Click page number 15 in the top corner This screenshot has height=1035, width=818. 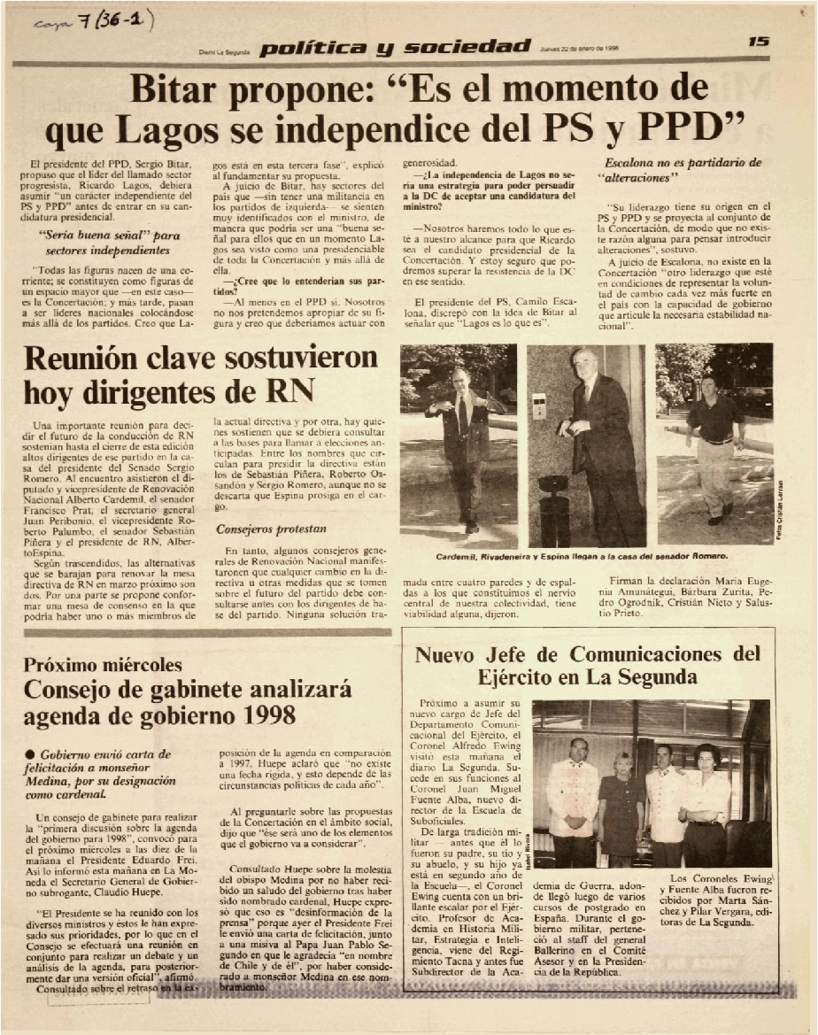759,41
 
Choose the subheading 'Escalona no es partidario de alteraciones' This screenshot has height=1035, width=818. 683,169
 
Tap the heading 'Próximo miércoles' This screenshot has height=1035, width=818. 104,664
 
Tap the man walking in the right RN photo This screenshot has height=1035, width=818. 715,443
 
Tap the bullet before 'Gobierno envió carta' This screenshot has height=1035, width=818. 29,753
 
